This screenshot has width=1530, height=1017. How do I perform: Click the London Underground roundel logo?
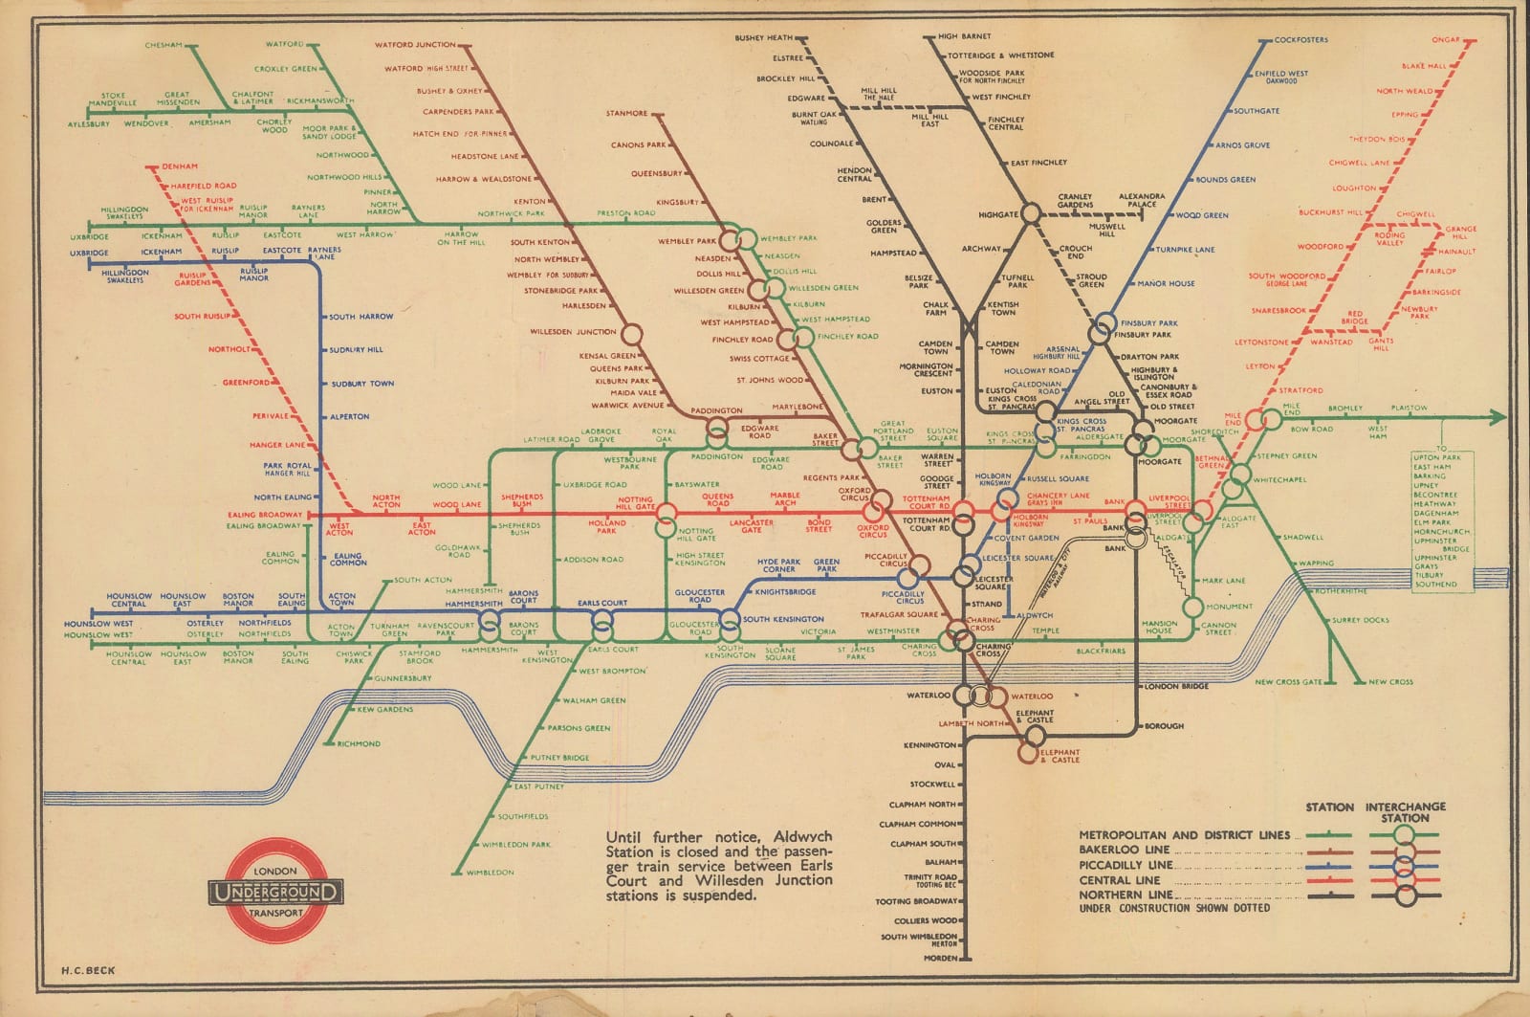275,892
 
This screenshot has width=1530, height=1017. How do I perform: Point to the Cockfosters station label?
1300,40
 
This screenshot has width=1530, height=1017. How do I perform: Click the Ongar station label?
1446,39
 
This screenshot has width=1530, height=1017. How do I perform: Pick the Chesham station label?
164,45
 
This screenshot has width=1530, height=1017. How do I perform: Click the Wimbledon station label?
491,873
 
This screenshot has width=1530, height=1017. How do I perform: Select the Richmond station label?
359,743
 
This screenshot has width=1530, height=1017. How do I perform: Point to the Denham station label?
179,166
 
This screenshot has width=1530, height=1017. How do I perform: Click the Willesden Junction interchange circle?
630,335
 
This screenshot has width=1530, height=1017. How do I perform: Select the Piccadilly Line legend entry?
1124,865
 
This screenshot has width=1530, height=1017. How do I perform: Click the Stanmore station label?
626,114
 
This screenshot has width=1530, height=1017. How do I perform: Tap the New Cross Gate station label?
1288,682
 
